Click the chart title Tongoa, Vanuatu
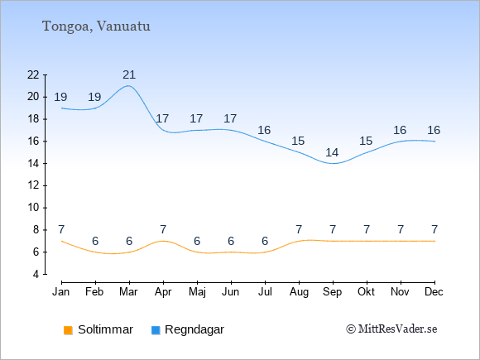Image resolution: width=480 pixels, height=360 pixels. click(96, 26)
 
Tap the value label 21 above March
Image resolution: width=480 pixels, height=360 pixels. click(129, 74)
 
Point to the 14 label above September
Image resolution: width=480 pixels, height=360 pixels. click(332, 152)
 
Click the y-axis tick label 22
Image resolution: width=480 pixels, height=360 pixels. click(33, 74)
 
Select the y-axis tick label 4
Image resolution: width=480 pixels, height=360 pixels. click(36, 274)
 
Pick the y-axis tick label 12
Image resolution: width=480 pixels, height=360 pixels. click(33, 185)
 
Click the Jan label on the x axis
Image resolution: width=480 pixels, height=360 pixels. click(61, 292)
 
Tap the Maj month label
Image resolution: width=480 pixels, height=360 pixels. click(197, 292)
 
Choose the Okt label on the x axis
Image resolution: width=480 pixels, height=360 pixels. click(366, 292)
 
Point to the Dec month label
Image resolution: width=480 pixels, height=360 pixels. click(434, 292)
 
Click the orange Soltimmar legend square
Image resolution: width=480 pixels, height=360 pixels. click(68, 330)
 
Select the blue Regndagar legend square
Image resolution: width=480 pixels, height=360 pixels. click(156, 330)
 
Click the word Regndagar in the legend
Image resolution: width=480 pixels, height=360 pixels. click(194, 330)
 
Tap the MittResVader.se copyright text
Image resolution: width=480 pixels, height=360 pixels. click(391, 329)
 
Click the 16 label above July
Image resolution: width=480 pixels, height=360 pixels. click(264, 131)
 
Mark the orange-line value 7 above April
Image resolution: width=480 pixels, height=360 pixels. click(163, 229)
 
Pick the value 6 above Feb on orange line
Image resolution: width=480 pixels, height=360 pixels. click(95, 241)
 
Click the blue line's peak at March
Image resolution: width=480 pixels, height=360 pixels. click(128, 86)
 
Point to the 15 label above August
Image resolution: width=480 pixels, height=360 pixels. click(298, 142)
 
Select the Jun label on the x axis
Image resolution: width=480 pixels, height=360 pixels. click(231, 292)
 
